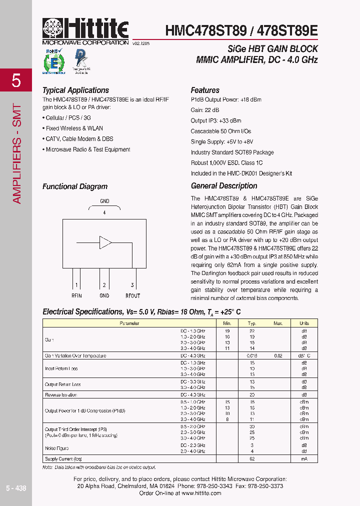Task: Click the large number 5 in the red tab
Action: pyautogui.click(x=16, y=80)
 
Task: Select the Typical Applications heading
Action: pyautogui.click(x=75, y=90)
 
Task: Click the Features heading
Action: pyautogui.click(x=205, y=90)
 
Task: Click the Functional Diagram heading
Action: pyautogui.click(x=75, y=186)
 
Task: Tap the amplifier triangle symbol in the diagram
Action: pyautogui.click(x=105, y=243)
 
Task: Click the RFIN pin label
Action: pyautogui.click(x=76, y=295)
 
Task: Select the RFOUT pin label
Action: pyautogui.click(x=132, y=295)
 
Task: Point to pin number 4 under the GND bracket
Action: pyautogui.click(x=104, y=212)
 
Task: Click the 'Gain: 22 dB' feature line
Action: pyautogui.click(x=204, y=110)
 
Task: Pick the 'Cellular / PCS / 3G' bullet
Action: pyautogui.click(x=68, y=118)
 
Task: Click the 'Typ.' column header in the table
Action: pyautogui.click(x=252, y=323)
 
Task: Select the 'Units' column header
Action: pyautogui.click(x=304, y=323)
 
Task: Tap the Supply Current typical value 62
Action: pyautogui.click(x=252, y=458)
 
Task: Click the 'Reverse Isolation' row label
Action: pyautogui.click(x=61, y=395)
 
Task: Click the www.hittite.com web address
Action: pyautogui.click(x=201, y=493)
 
